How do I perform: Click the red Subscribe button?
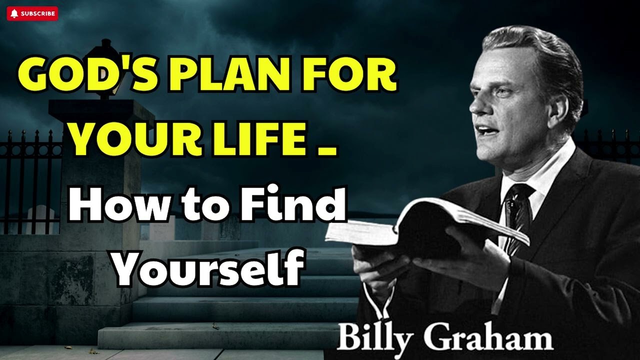click(x=32, y=13)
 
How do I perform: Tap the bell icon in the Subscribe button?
click(x=14, y=13)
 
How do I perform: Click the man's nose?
click(x=473, y=107)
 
